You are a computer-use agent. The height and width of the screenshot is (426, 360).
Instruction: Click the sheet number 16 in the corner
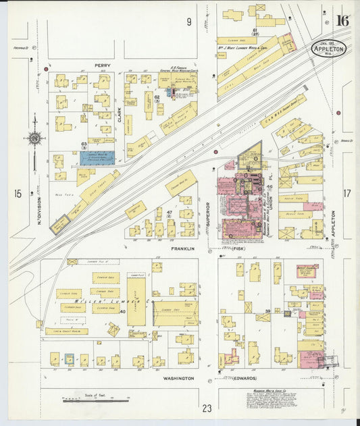pyautogui.click(x=342, y=20)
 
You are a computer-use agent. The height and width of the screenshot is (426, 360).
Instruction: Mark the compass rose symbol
pyautogui.click(x=34, y=138)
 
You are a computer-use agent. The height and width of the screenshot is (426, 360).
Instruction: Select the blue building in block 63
pyautogui.click(x=97, y=157)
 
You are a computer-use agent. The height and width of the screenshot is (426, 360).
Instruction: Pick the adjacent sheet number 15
pyautogui.click(x=18, y=194)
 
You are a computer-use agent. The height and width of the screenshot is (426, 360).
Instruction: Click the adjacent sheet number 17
pyautogui.click(x=347, y=194)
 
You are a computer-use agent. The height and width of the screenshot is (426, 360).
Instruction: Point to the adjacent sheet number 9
pyautogui.click(x=189, y=22)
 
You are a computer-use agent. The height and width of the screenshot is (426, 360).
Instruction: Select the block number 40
pyautogui.click(x=123, y=311)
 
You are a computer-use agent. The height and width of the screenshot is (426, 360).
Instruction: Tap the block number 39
pyautogui.click(x=267, y=311)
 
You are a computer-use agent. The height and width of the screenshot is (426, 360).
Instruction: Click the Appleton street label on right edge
pyautogui.click(x=334, y=223)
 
